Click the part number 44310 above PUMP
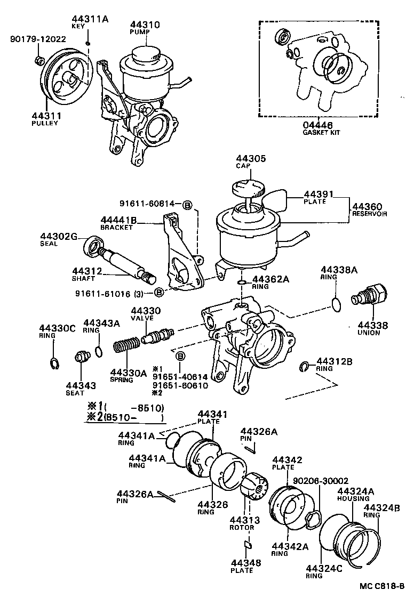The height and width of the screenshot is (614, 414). click(x=145, y=24)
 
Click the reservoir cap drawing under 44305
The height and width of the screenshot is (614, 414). click(x=249, y=190)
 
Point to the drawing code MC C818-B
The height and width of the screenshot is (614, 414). click(x=381, y=586)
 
